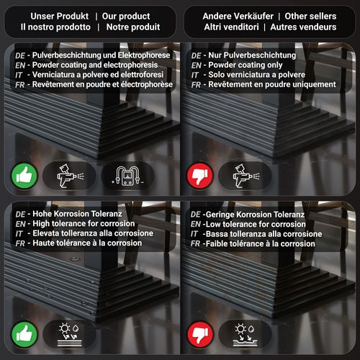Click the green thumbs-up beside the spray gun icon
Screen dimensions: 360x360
(24, 176)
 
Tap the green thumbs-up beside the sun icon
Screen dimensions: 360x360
(24, 334)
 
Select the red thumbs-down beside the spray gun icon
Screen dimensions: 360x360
(200, 176)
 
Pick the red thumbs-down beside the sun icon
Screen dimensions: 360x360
(200, 334)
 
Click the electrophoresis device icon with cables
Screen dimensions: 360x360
(127, 176)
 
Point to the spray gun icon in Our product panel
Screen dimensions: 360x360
(70, 176)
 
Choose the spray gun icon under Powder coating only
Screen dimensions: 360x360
(246, 176)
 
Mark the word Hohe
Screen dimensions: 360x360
(41, 214)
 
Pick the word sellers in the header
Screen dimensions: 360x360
(322, 16)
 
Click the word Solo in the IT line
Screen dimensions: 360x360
(216, 75)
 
